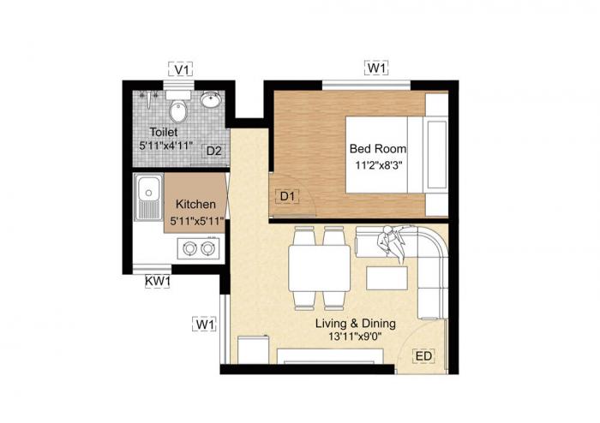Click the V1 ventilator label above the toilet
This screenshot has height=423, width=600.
click(x=181, y=69)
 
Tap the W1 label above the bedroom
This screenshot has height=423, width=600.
click(x=376, y=68)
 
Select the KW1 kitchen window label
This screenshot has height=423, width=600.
click(x=158, y=281)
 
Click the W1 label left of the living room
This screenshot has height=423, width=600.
click(x=204, y=324)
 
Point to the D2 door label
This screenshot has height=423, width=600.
click(x=214, y=152)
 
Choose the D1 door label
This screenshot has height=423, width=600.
click(x=288, y=197)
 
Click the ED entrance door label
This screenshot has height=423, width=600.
click(x=423, y=355)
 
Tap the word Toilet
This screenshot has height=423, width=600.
click(x=163, y=133)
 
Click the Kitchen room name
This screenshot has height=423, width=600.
click(x=195, y=206)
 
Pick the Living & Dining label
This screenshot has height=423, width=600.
click(x=355, y=323)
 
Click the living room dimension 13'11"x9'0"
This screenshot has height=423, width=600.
click(x=355, y=337)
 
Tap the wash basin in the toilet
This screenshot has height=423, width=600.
click(x=211, y=101)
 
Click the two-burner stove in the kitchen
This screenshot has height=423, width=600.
click(x=199, y=249)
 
